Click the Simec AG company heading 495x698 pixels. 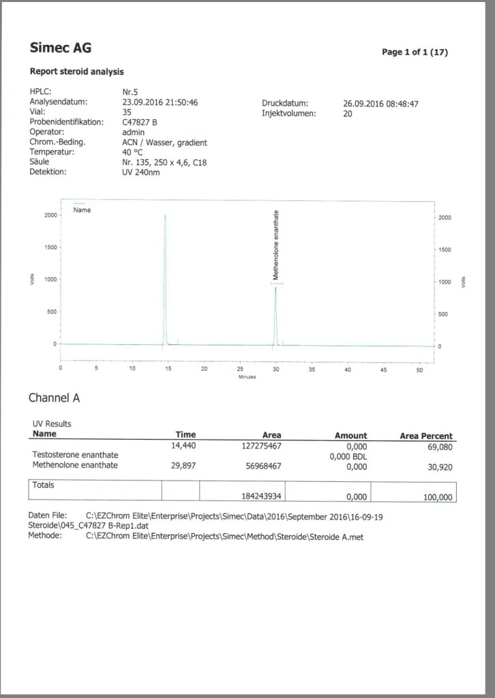tap(60, 48)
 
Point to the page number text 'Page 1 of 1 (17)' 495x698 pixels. tap(415, 52)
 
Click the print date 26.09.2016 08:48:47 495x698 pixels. tap(380, 104)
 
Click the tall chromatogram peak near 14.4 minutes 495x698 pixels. tap(165, 273)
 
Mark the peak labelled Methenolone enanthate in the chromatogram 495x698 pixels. tap(275, 314)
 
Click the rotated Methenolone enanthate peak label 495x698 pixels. tap(275, 245)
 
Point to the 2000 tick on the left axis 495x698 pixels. tap(50, 215)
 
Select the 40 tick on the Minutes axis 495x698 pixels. tap(348, 369)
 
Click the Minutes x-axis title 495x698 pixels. tap(247, 377)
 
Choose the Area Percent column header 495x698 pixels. tap(425, 436)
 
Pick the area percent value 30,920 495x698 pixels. tap(437, 467)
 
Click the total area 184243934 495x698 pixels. tap(261, 497)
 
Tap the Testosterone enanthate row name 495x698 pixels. tap(74, 455)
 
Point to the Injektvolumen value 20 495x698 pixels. tap(348, 114)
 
